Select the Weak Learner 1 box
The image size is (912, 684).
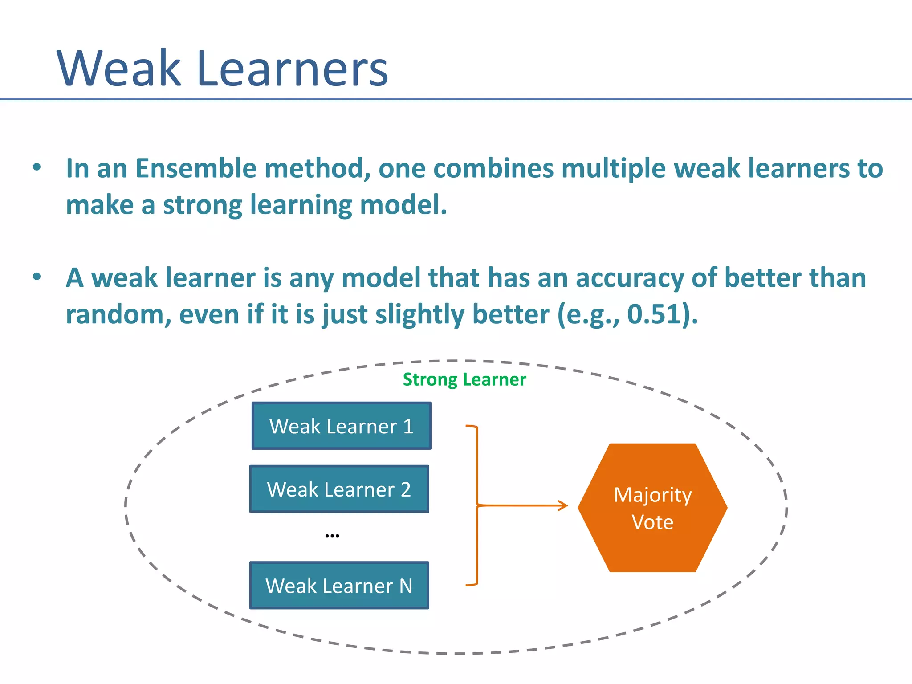click(x=341, y=426)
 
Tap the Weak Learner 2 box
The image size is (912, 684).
click(x=339, y=489)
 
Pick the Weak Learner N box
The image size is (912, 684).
click(x=339, y=585)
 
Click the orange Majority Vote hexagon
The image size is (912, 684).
click(x=652, y=508)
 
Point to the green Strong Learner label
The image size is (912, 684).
click(x=464, y=379)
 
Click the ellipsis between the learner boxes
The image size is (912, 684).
click(x=332, y=536)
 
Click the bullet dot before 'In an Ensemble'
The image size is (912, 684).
click(x=37, y=167)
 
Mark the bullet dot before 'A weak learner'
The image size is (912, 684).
click(x=37, y=277)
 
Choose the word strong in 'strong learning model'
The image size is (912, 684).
click(x=203, y=205)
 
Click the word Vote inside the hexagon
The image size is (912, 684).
click(x=652, y=522)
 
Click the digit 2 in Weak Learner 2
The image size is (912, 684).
click(x=405, y=489)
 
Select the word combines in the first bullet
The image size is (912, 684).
click(x=493, y=168)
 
